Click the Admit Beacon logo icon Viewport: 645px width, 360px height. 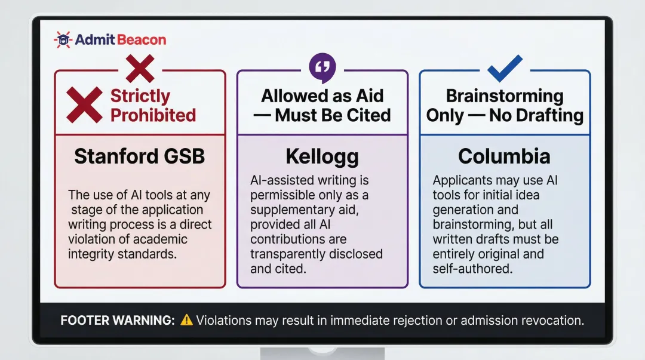click(63, 40)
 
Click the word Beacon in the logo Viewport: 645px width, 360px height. click(142, 40)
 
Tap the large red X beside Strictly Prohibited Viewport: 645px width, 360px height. click(84, 105)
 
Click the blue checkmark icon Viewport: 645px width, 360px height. click(505, 68)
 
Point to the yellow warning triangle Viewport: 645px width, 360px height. click(187, 320)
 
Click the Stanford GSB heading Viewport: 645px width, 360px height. click(140, 156)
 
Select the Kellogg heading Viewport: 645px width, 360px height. click(322, 156)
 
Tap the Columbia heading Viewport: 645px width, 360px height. click(505, 156)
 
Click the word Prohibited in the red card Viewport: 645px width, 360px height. click(153, 115)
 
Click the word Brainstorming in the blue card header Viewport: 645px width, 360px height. click(505, 96)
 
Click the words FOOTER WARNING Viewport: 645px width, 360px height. click(118, 321)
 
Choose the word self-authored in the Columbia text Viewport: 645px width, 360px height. click(472, 269)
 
